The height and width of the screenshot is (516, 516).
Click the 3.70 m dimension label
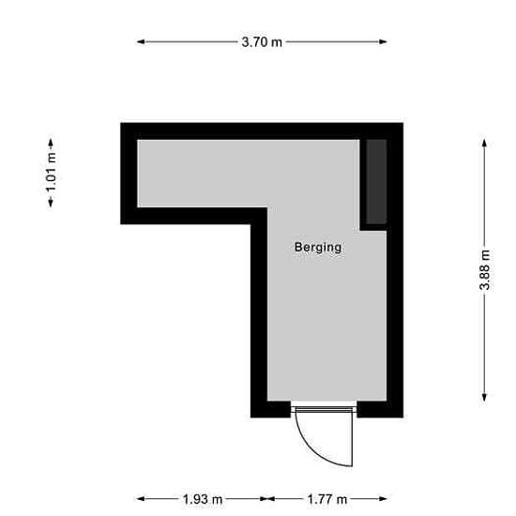pos(262,42)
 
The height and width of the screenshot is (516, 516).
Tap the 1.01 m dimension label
pos(51,174)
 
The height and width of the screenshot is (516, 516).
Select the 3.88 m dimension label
pos(484,270)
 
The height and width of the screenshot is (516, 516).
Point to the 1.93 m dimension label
pos(203,499)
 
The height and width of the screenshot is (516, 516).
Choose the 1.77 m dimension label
pos(327,499)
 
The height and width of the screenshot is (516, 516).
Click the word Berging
pos(318,248)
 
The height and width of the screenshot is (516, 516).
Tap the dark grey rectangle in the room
pos(376,182)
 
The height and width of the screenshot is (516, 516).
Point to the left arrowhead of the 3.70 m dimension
pos(141,42)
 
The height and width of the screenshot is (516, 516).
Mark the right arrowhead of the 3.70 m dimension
pos(383,42)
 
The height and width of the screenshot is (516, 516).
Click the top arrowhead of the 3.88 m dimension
pos(484,144)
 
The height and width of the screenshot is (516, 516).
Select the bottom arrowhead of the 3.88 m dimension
pos(484,397)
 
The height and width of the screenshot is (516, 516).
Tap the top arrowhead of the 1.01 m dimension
pos(51,143)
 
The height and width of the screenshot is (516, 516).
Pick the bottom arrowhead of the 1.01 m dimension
pos(51,203)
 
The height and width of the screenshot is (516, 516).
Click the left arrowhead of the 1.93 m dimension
pos(141,499)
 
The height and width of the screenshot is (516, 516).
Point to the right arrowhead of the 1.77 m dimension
pos(383,499)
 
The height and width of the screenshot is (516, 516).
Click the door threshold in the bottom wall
pos(324,409)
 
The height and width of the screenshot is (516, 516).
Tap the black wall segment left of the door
pos(270,409)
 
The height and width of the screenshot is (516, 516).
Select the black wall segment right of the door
pos(380,409)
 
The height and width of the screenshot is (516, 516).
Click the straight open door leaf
pos(352,438)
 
